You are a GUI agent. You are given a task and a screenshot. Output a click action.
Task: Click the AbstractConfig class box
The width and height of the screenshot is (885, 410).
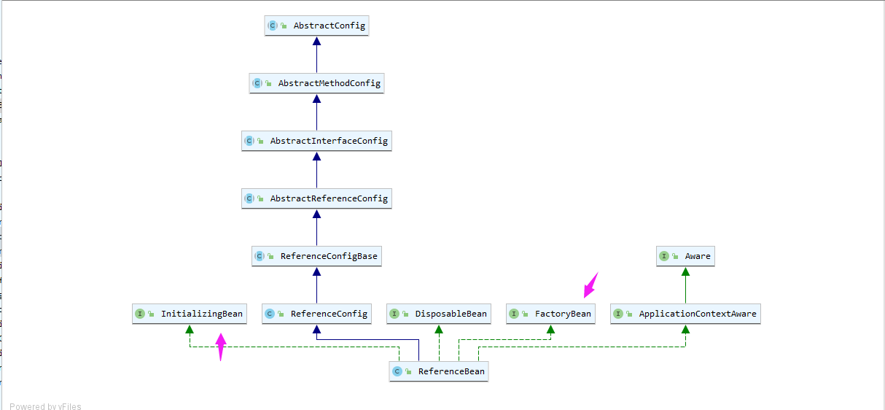tap(316, 26)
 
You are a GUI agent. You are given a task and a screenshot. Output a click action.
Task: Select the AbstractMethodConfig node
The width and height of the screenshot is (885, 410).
tap(316, 83)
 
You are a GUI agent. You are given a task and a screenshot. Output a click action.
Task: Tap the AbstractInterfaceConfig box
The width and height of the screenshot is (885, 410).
tap(316, 140)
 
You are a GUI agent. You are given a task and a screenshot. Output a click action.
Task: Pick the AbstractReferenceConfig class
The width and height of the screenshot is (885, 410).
tap(316, 198)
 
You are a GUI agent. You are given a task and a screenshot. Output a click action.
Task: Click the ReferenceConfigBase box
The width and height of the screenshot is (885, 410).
tap(316, 256)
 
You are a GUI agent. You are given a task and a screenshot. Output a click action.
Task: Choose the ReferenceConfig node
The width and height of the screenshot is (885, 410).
tap(316, 314)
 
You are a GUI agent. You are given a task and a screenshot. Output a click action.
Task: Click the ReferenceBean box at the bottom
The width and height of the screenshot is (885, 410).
tap(438, 371)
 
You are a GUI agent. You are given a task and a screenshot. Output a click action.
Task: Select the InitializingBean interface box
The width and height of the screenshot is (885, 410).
tap(190, 314)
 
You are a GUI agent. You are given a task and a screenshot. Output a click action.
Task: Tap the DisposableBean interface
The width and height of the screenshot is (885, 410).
tap(439, 314)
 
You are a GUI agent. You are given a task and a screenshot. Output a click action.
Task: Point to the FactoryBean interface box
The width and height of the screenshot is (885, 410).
tap(550, 314)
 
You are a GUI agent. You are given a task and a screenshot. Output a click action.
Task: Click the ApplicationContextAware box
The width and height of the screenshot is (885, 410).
tap(685, 314)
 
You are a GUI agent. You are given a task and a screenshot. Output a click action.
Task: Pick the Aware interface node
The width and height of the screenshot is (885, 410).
tap(685, 256)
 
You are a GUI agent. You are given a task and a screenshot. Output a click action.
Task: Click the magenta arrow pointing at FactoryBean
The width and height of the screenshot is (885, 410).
tap(590, 285)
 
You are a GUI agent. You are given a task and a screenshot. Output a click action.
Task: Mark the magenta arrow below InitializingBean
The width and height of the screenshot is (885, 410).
tap(221, 347)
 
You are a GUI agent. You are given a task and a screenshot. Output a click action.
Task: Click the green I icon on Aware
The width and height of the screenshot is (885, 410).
tap(664, 256)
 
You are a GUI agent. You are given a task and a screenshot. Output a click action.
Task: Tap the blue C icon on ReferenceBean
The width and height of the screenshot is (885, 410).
tap(397, 371)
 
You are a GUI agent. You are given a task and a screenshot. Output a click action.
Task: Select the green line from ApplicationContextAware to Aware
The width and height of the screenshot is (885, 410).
tap(685, 288)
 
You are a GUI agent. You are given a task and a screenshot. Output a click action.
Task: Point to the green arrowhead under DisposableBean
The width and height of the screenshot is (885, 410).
tap(439, 329)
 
